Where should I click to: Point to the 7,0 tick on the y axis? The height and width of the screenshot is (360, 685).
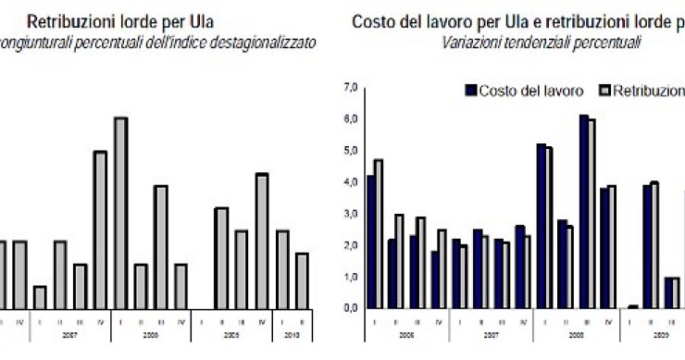pyautogui.click(x=349, y=88)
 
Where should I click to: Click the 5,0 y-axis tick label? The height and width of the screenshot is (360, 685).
pyautogui.click(x=349, y=151)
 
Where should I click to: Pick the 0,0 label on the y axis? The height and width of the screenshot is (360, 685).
pyautogui.click(x=349, y=308)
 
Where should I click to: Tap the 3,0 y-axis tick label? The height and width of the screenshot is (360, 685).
pyautogui.click(x=349, y=214)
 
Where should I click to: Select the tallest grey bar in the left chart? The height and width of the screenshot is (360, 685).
pyautogui.click(x=120, y=213)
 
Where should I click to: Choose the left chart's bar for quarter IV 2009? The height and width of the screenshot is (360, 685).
pyautogui.click(x=261, y=241)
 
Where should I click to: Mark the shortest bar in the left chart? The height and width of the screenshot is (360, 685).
pyautogui.click(x=40, y=297)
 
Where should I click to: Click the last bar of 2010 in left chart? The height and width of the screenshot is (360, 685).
pyautogui.click(x=302, y=280)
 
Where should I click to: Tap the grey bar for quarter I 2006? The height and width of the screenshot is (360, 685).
pyautogui.click(x=379, y=234)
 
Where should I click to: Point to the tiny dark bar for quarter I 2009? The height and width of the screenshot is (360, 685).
pyautogui.click(x=632, y=306)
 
